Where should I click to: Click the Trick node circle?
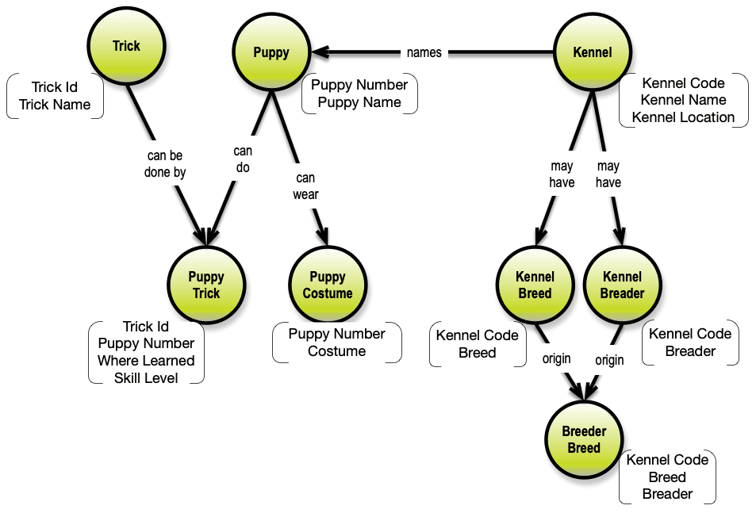point(126,46)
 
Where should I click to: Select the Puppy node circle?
point(271,53)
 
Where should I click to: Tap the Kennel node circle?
point(593,53)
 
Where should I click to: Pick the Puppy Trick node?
point(206,285)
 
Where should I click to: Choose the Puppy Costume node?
point(328,285)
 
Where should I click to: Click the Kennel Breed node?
point(535,285)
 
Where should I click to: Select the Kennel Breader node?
point(623,285)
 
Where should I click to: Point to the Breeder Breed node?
point(584,440)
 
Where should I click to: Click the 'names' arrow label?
point(424,53)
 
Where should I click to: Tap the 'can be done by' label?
point(166,164)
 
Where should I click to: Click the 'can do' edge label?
point(243,159)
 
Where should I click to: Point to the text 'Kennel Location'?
point(683,117)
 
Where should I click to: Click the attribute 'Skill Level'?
point(146,378)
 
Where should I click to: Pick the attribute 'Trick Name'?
point(55,105)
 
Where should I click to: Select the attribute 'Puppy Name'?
point(359,102)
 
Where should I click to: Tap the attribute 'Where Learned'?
point(146,361)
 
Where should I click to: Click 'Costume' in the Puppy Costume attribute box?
point(336,351)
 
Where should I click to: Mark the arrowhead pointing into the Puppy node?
point(320,53)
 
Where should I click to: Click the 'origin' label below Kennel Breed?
point(556,358)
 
